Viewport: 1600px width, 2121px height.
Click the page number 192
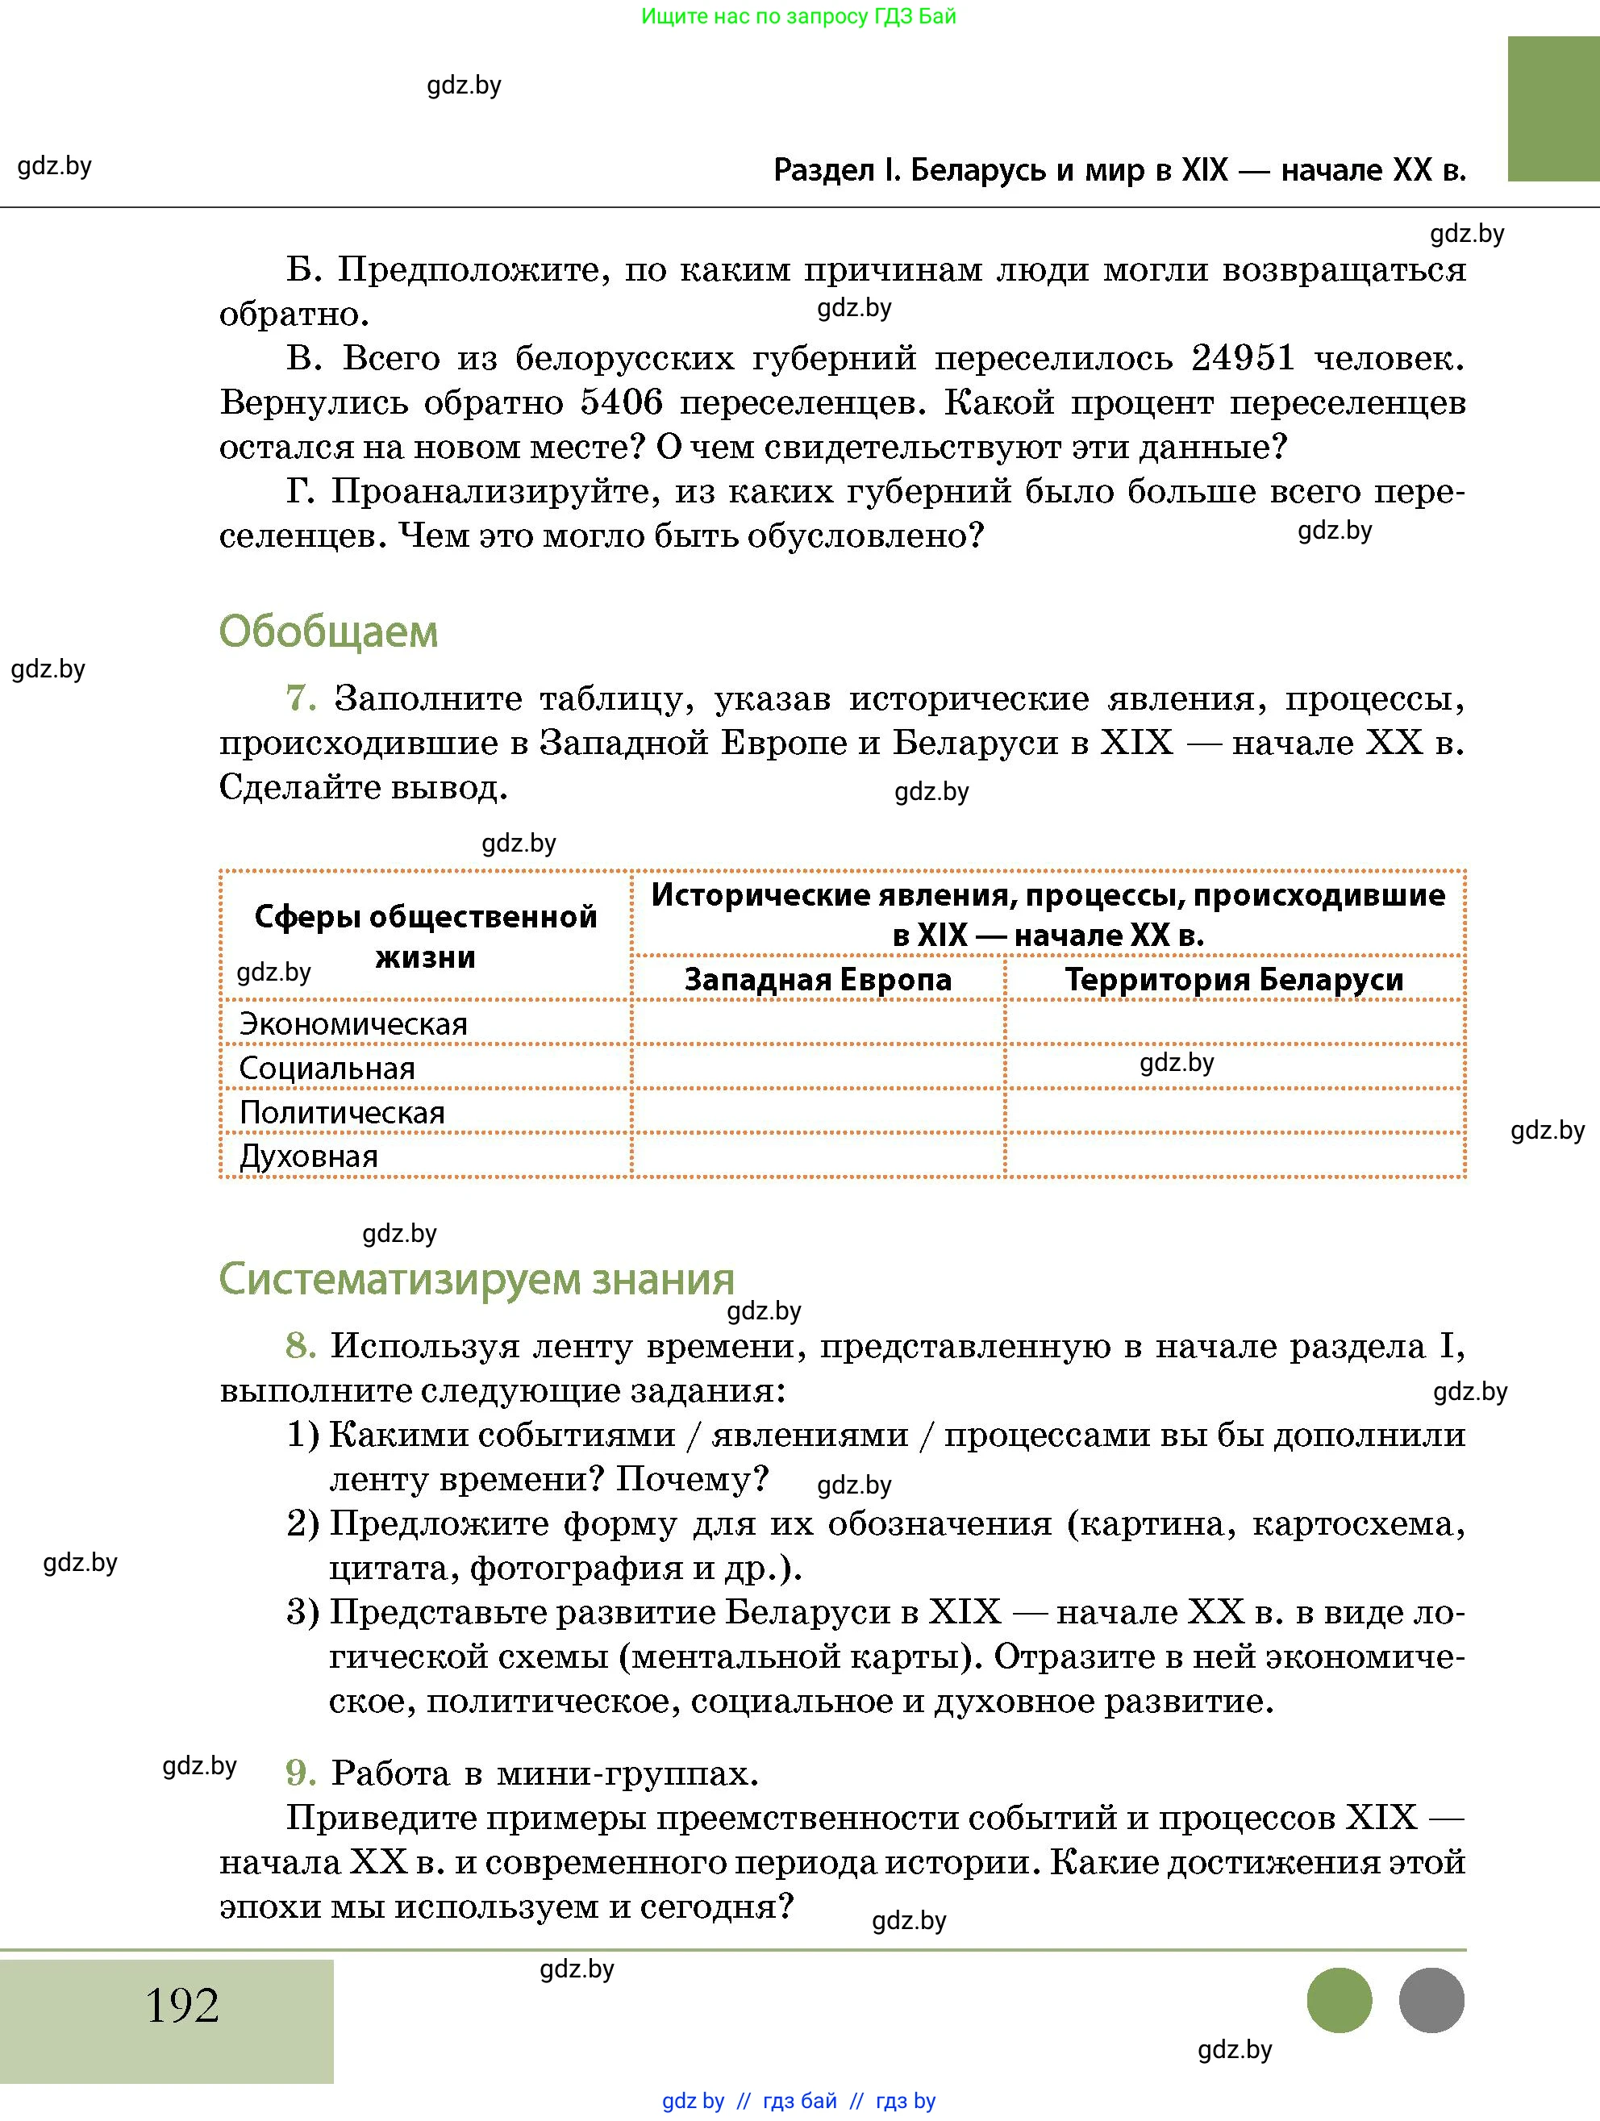coord(182,2004)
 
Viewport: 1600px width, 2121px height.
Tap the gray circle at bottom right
coord(1431,2000)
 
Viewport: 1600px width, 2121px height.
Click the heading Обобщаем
coord(328,632)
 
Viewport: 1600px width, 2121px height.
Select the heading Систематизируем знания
coord(477,1278)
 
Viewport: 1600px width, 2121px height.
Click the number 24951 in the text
coord(1243,357)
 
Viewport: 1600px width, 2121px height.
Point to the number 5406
coord(621,402)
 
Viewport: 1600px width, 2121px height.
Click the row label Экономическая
coord(352,1023)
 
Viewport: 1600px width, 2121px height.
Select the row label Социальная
coord(326,1067)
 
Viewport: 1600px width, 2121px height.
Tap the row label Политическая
coord(341,1111)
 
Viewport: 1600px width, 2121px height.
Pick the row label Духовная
coord(308,1156)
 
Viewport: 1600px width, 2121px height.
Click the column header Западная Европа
coord(817,979)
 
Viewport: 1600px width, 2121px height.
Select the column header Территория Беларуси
coord(1234,979)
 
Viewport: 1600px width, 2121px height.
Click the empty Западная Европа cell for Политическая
coord(817,1111)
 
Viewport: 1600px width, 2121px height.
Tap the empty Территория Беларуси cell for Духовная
coord(1234,1156)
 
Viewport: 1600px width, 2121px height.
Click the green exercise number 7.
coord(300,698)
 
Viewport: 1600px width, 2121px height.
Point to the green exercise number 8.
coord(300,1345)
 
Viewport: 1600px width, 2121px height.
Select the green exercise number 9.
coord(300,1773)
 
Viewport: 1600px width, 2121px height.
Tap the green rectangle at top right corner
coord(1552,108)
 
